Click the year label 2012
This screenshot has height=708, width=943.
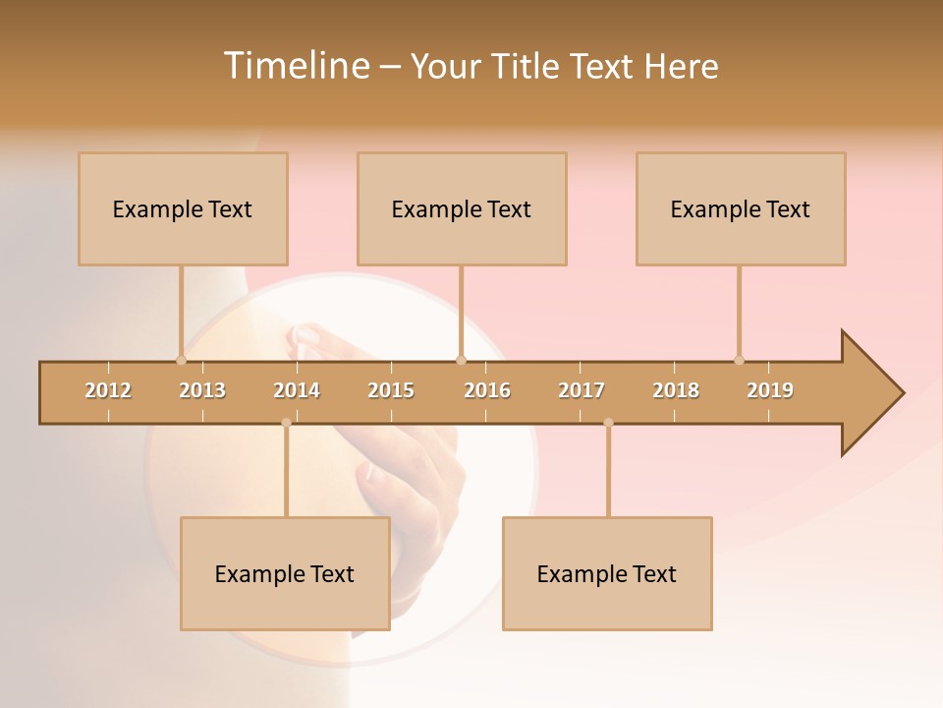[x=108, y=390]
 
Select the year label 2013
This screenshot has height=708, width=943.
[x=202, y=390]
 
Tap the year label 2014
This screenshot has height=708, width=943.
[x=297, y=390]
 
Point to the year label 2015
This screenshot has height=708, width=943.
[x=391, y=390]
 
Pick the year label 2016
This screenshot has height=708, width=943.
[x=487, y=390]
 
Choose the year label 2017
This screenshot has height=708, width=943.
[x=582, y=390]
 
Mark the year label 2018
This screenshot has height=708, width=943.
[x=676, y=390]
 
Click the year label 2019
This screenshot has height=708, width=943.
[x=770, y=390]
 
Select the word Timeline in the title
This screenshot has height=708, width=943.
[x=295, y=66]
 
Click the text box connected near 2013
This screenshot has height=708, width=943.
[x=183, y=208]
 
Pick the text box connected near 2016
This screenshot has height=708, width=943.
[x=462, y=208]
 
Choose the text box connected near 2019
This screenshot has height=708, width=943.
[x=741, y=208]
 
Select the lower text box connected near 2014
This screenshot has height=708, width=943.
[x=285, y=573]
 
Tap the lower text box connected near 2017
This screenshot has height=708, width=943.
[x=607, y=573]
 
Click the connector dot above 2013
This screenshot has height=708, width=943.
[x=181, y=360]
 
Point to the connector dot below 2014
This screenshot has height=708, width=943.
[x=286, y=423]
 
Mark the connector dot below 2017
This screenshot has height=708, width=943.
[x=608, y=423]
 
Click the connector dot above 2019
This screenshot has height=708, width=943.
[x=739, y=360]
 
